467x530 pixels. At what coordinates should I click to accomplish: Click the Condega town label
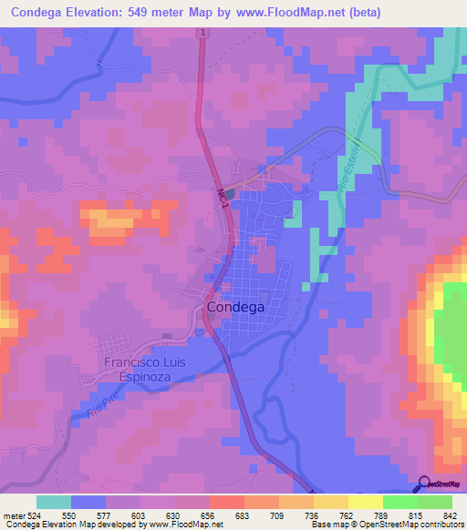[x=235, y=308]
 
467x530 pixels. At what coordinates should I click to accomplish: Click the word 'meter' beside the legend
[x=14, y=515]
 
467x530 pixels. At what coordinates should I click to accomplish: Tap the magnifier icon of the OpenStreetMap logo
[x=424, y=484]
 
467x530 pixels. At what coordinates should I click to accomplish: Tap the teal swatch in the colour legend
[x=54, y=502]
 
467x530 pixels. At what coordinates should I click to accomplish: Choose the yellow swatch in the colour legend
[x=366, y=502]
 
